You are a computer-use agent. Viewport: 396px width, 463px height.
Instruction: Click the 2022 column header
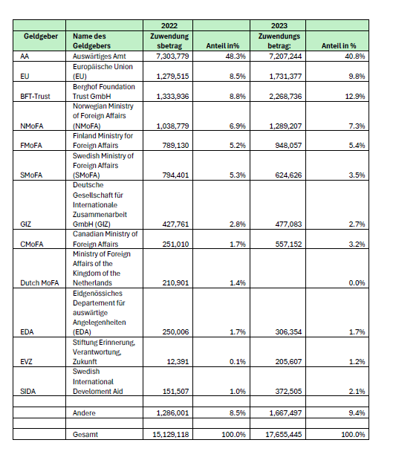click(x=169, y=26)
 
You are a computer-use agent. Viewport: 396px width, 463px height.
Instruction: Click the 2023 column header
click(x=279, y=26)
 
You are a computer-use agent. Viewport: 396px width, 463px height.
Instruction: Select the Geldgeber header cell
click(x=41, y=36)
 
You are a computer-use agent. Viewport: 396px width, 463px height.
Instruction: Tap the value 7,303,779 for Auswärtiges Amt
click(x=172, y=56)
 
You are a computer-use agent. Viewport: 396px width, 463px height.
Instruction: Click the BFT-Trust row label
click(x=35, y=97)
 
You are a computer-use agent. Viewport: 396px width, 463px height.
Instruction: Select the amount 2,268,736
click(x=285, y=97)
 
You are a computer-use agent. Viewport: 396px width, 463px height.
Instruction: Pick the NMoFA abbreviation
click(x=32, y=126)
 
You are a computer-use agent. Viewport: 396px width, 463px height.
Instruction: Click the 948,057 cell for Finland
click(x=288, y=145)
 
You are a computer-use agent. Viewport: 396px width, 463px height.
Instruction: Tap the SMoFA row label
click(x=31, y=175)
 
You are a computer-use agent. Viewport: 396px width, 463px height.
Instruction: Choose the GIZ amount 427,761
click(x=175, y=224)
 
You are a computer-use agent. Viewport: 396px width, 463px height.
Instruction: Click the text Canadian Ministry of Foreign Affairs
click(x=105, y=239)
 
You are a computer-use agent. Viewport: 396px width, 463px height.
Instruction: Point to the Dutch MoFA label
click(x=39, y=283)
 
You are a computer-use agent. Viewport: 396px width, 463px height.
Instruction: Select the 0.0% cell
click(x=357, y=283)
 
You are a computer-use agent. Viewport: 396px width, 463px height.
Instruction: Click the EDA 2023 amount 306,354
click(x=288, y=332)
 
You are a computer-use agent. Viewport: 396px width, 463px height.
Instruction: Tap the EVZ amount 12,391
click(x=178, y=361)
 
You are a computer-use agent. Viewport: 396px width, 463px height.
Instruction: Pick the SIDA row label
click(x=27, y=391)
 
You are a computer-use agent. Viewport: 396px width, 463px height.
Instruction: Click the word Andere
click(x=84, y=412)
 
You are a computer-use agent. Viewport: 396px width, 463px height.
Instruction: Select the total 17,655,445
click(x=284, y=434)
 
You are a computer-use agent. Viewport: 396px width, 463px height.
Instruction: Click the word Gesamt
click(x=85, y=434)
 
